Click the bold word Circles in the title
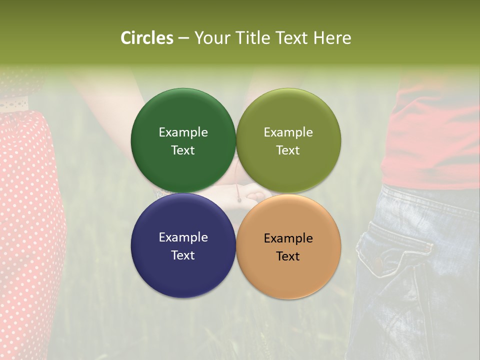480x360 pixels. point(146,38)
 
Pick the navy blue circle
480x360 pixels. point(183,270)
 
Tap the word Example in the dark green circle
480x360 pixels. point(183,132)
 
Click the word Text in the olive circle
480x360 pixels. point(288,150)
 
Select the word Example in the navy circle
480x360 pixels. point(183,237)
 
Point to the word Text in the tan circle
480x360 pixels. point(288,256)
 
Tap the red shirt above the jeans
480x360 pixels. point(430,140)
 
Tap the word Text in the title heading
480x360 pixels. point(290,38)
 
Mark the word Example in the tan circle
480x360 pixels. point(288,238)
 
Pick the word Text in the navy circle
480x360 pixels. point(183,255)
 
